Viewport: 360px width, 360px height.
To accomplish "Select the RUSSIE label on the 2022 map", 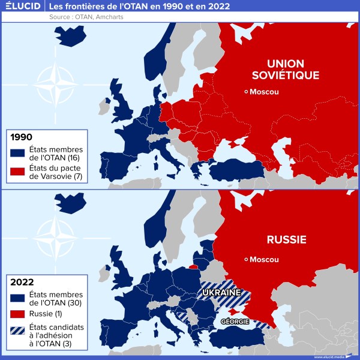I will coord(286,240).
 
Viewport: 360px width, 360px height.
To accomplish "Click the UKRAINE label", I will coord(221,292).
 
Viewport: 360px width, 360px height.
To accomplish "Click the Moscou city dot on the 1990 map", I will coord(246,91).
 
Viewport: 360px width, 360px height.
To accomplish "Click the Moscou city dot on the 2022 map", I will coord(246,259).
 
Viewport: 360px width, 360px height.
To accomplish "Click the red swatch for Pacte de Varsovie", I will coord(17,173).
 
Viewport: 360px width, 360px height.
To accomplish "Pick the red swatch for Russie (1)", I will coord(17,313).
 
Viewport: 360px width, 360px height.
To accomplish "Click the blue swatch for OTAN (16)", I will coord(17,153).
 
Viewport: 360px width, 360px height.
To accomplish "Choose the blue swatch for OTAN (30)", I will coord(17,296).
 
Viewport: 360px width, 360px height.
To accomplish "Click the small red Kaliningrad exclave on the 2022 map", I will coord(193,266).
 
